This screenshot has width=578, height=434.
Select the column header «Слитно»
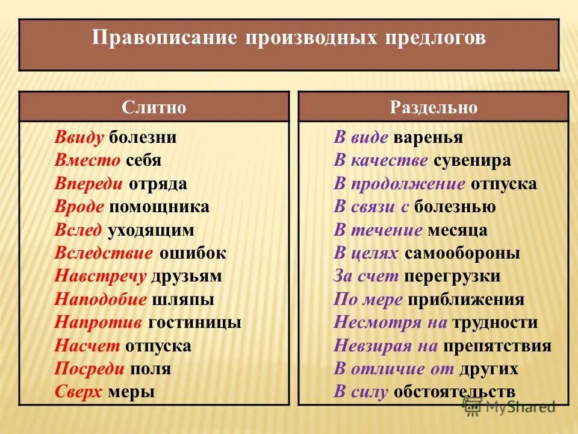(x=154, y=107)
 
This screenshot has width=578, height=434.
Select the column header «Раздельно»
(x=433, y=107)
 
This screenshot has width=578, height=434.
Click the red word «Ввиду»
(x=79, y=137)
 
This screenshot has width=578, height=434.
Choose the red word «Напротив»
(x=99, y=322)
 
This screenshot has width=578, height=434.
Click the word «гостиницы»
(x=194, y=322)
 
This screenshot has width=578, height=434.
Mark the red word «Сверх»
(x=79, y=392)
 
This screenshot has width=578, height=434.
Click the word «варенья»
(x=428, y=137)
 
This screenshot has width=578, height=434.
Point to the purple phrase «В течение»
(x=378, y=230)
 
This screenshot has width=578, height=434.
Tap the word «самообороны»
(x=462, y=253)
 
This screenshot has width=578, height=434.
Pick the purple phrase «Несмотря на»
(x=390, y=322)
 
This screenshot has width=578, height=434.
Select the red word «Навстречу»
(x=101, y=277)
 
